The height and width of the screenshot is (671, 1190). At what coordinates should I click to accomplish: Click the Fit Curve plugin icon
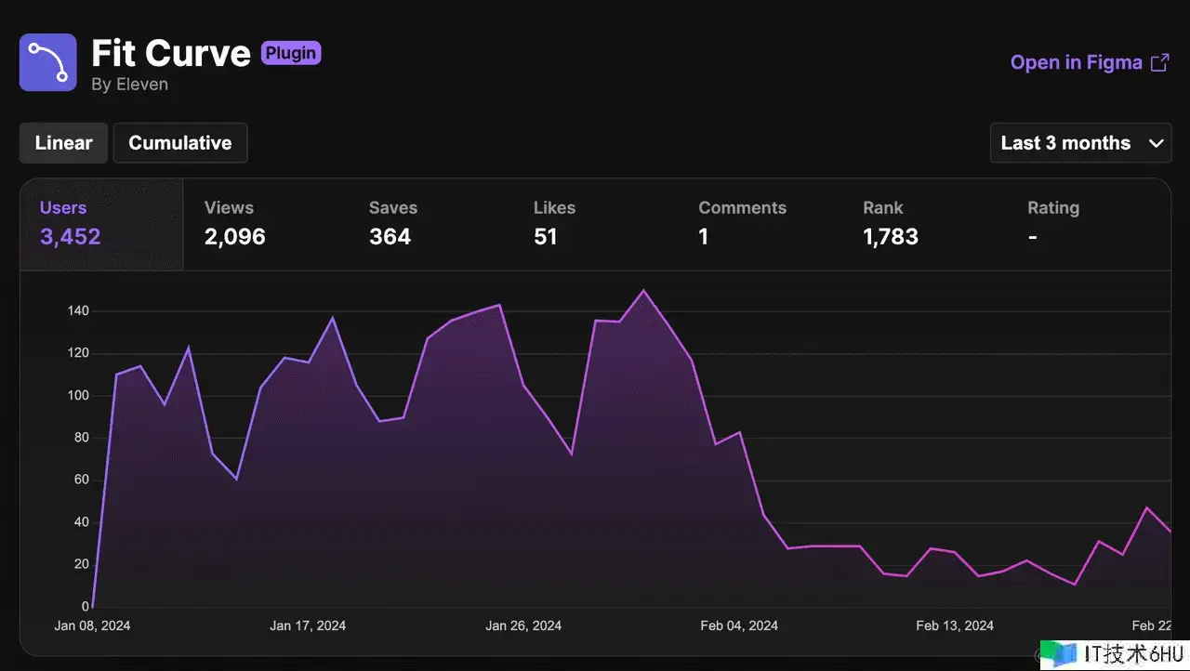click(x=48, y=62)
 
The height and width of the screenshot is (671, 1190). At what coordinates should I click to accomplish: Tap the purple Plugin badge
click(x=291, y=53)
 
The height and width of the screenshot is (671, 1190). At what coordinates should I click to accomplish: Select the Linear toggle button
click(x=64, y=143)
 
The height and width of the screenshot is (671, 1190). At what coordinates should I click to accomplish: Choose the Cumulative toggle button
click(x=180, y=143)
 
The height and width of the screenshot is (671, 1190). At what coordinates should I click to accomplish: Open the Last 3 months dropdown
click(x=1080, y=143)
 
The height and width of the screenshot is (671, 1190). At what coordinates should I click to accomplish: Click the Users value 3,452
click(x=71, y=237)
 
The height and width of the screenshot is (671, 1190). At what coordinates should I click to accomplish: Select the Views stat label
click(x=229, y=208)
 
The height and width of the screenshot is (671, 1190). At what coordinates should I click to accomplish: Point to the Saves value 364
click(x=390, y=237)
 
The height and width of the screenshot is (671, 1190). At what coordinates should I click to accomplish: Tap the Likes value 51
click(x=546, y=237)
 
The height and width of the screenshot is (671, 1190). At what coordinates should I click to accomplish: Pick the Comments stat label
click(x=742, y=208)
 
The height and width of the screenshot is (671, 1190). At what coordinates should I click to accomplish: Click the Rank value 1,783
click(x=891, y=237)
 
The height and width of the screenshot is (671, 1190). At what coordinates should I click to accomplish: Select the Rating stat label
click(x=1053, y=208)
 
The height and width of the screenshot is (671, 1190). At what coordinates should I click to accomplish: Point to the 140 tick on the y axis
click(x=78, y=311)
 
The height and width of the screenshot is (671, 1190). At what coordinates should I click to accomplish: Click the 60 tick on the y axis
click(x=81, y=480)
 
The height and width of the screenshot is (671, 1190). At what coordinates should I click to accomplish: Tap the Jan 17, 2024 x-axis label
click(x=308, y=625)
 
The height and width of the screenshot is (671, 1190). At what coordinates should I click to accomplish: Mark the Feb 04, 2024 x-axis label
click(x=738, y=625)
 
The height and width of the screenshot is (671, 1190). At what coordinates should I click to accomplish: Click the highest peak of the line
click(x=643, y=291)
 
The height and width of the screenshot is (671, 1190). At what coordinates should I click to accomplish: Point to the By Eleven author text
click(x=129, y=85)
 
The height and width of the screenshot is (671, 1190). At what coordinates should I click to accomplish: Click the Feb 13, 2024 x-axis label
click(x=955, y=625)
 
